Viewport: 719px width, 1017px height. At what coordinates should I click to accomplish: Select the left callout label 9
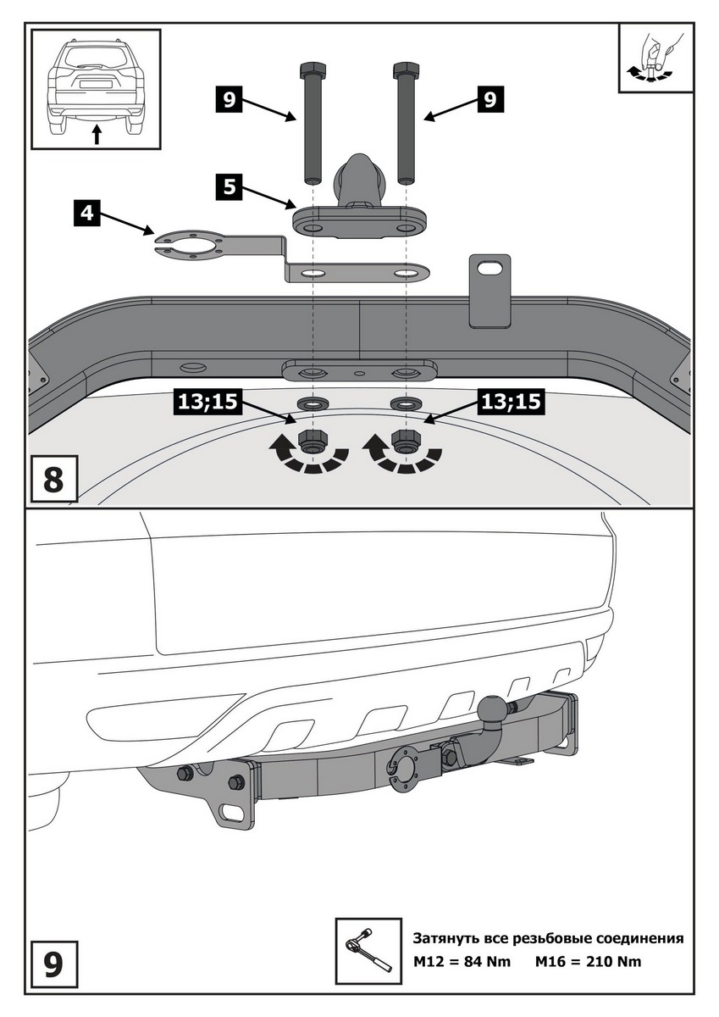(x=229, y=100)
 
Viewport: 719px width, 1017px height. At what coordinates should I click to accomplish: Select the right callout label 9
(x=489, y=100)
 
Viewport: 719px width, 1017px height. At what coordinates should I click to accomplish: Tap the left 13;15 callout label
(x=206, y=402)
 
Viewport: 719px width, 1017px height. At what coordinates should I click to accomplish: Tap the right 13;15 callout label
(x=511, y=402)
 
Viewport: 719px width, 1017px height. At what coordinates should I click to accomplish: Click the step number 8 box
(x=53, y=479)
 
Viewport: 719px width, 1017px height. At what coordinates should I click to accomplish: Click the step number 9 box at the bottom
(x=53, y=964)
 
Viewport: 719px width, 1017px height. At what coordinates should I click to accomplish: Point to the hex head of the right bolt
(x=404, y=69)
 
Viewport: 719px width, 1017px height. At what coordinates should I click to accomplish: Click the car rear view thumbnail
(x=96, y=88)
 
